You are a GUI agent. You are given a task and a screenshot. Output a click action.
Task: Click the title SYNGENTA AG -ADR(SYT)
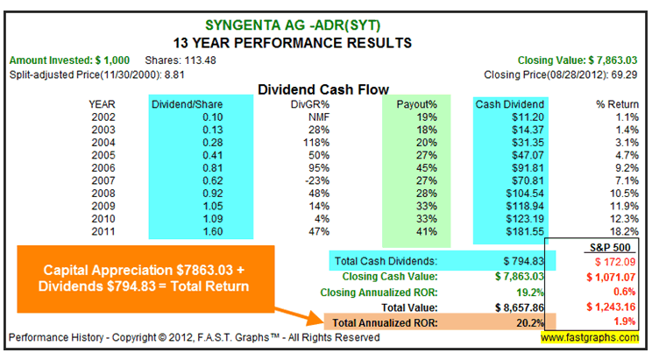(x=324, y=25)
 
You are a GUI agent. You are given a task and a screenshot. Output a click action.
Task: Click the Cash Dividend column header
(x=511, y=102)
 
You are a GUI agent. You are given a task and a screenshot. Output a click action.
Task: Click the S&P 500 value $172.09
(x=609, y=262)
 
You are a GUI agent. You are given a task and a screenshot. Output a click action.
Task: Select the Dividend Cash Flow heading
(x=326, y=88)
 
